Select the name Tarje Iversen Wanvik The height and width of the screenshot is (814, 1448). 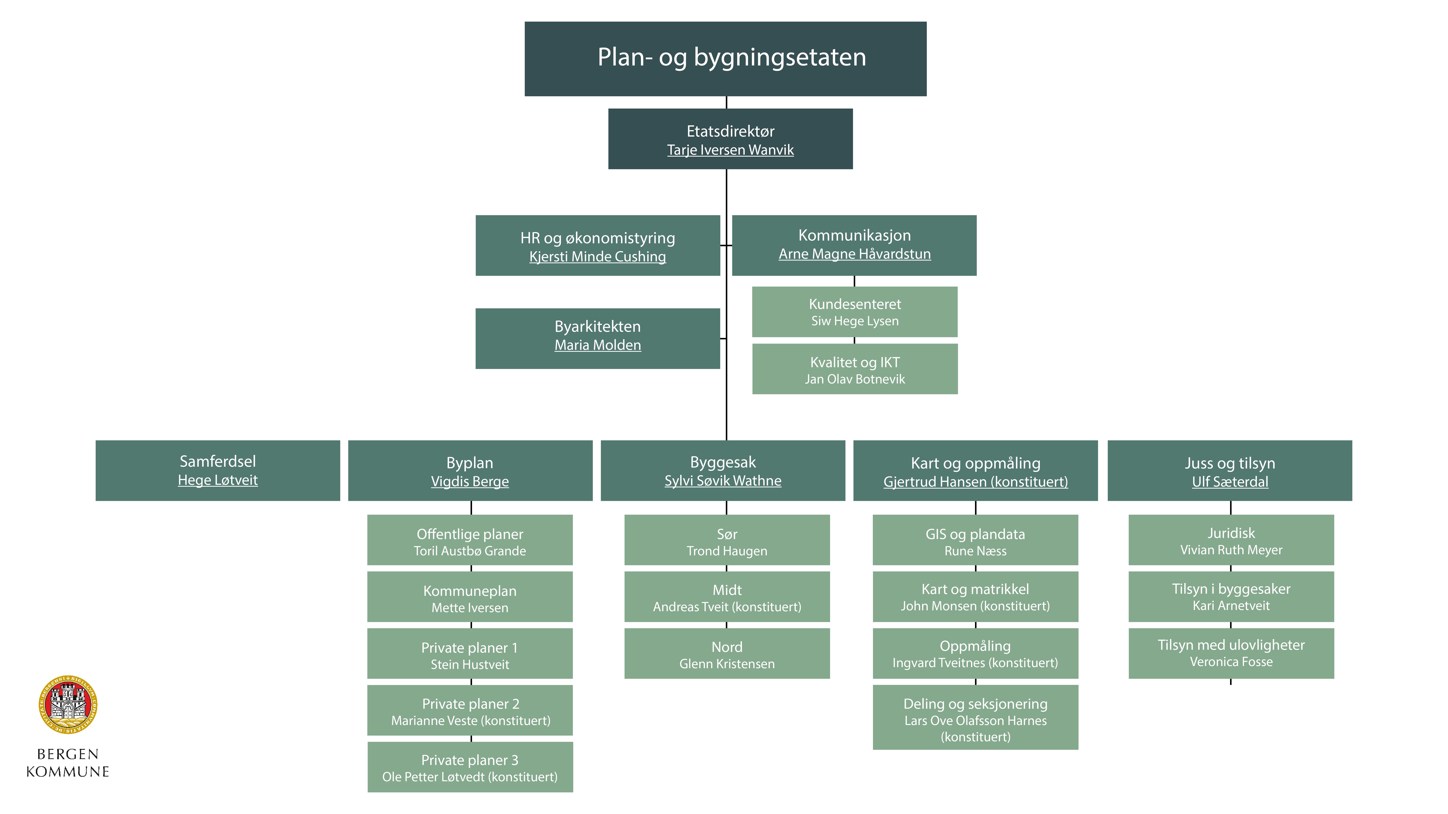pyautogui.click(x=730, y=150)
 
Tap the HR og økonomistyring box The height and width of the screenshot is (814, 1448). pyautogui.click(x=597, y=245)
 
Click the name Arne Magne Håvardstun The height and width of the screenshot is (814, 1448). pyautogui.click(x=854, y=254)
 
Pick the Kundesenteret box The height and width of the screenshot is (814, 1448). pyautogui.click(x=854, y=312)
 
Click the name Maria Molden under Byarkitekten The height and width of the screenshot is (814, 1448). pyautogui.click(x=597, y=345)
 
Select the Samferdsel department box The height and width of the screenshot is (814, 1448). pyautogui.click(x=218, y=470)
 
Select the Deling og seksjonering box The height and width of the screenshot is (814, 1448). pyautogui.click(x=975, y=717)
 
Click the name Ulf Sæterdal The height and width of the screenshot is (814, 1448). pyautogui.click(x=1230, y=481)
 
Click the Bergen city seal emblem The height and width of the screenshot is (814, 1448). pyautogui.click(x=68, y=704)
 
